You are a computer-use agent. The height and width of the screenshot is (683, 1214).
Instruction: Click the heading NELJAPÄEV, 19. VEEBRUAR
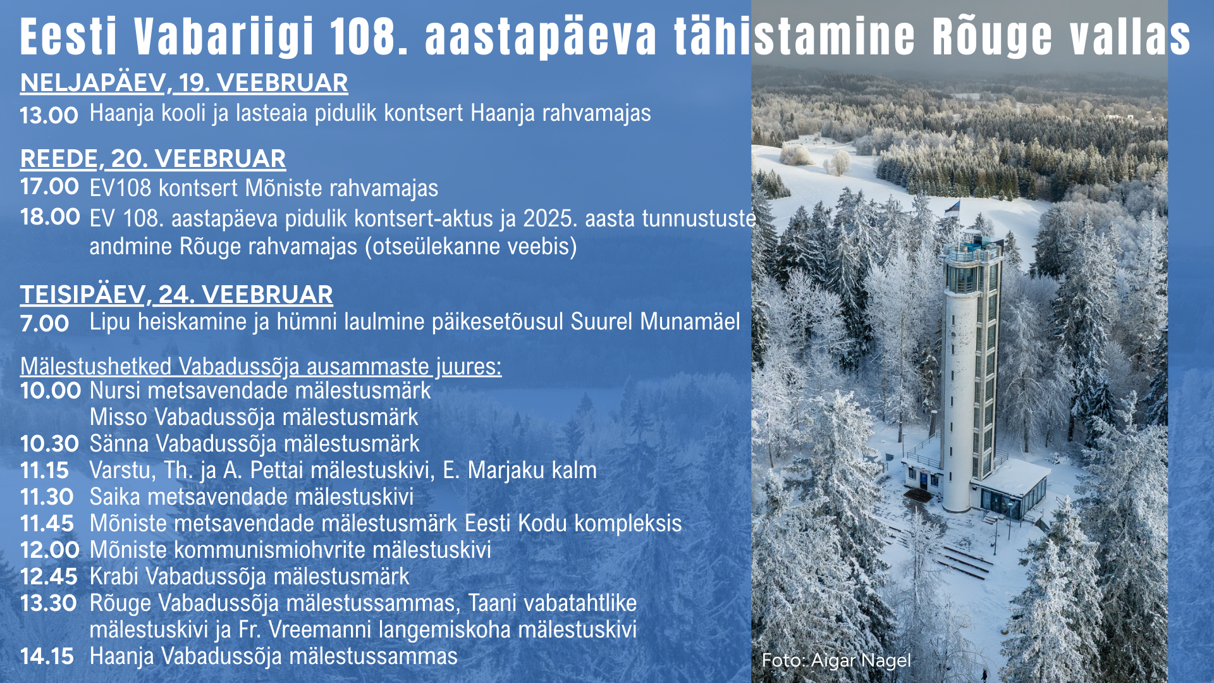(x=184, y=83)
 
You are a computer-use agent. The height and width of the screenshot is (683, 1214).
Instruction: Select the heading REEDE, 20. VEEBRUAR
(x=153, y=159)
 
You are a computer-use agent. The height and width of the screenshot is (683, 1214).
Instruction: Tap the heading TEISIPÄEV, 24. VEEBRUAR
(x=176, y=295)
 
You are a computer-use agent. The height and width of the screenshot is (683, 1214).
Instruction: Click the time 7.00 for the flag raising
(x=44, y=324)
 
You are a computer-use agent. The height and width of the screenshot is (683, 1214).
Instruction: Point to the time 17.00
(x=49, y=187)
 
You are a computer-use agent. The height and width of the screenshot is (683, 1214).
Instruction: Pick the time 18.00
(x=50, y=217)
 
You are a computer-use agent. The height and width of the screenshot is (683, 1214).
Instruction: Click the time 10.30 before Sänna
(x=49, y=444)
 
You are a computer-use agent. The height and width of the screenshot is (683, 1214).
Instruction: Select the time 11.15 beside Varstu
(x=44, y=471)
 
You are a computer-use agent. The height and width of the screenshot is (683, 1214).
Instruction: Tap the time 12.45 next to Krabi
(x=49, y=577)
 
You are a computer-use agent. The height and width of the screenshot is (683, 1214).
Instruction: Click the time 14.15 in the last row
(x=47, y=656)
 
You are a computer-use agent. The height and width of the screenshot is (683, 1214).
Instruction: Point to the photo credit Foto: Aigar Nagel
(x=836, y=660)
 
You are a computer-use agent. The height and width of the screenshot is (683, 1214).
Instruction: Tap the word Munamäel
(x=690, y=321)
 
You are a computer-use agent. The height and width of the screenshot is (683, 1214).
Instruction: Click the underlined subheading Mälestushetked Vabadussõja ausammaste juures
(x=261, y=367)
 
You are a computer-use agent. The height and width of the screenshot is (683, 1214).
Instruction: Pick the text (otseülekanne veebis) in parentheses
(x=471, y=247)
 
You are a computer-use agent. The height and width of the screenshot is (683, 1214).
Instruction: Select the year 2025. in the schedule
(x=550, y=218)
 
